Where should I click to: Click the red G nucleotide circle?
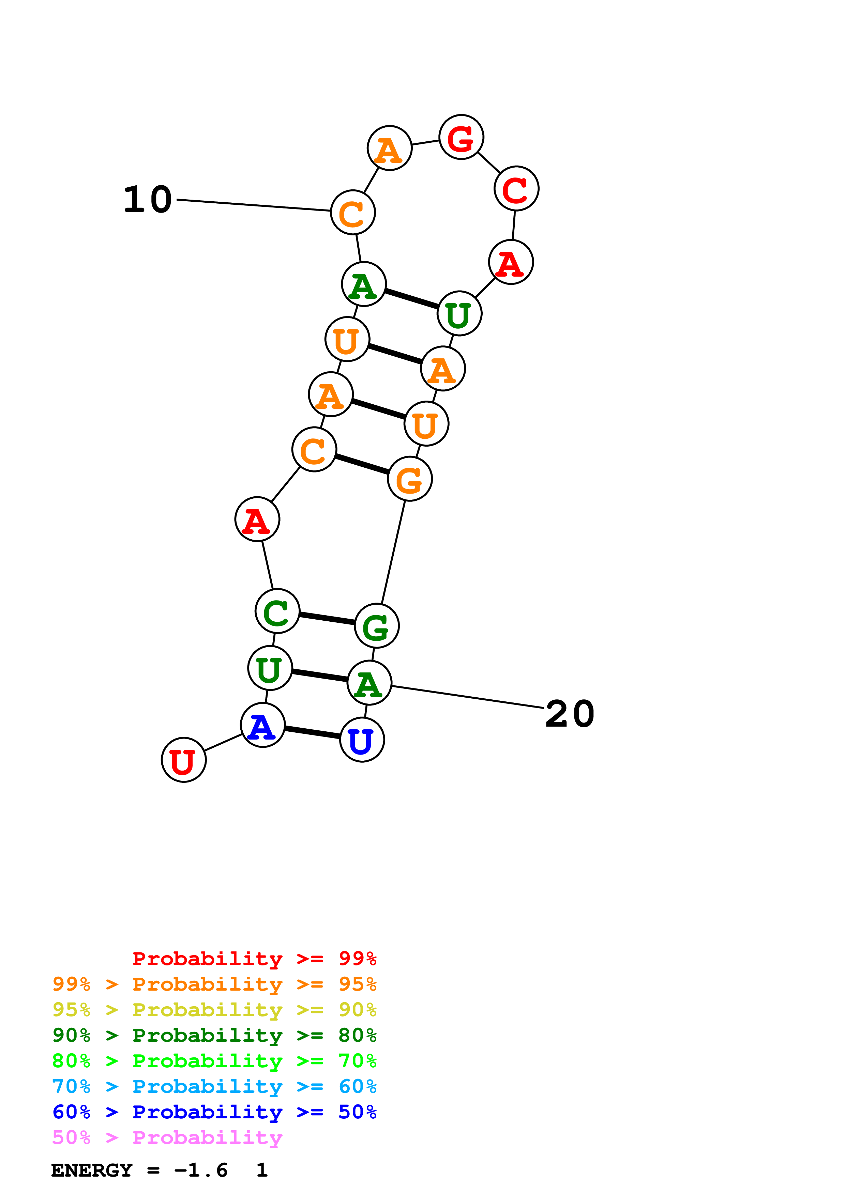(461, 137)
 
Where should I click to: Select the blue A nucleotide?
(262, 725)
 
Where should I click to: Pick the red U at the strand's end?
(184, 760)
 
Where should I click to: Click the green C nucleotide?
(277, 611)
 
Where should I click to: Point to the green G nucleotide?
(377, 626)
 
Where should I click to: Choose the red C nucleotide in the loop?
(516, 188)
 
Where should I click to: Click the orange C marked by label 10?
(353, 212)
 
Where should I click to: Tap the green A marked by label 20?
(369, 683)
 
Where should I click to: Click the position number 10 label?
(148, 200)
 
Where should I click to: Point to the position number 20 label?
(570, 714)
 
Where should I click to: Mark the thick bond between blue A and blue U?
(312, 732)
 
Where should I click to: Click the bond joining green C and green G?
(327, 618)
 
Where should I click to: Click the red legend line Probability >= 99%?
(254, 959)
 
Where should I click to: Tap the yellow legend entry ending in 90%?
(214, 1010)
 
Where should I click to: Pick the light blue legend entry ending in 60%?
(214, 1087)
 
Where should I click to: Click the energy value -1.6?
(201, 1170)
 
